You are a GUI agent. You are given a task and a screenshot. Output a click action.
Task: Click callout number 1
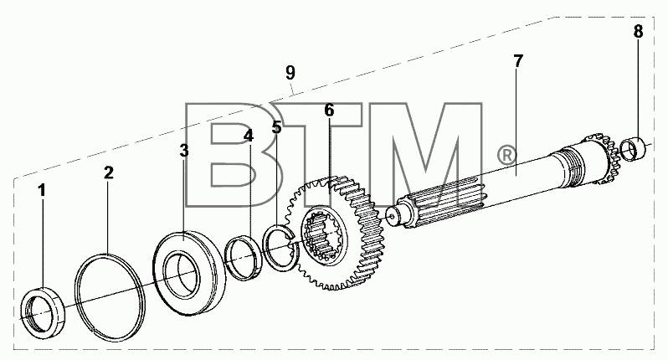(x=42, y=190)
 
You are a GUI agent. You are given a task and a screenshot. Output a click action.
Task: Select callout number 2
(x=109, y=173)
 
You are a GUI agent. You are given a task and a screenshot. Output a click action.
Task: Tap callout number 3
(x=183, y=151)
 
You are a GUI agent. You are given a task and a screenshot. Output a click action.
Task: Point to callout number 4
(x=249, y=136)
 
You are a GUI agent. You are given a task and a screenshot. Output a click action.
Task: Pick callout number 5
(x=277, y=126)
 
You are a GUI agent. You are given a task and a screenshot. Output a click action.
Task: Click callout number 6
(x=329, y=110)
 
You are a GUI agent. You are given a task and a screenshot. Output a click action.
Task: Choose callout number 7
(x=517, y=61)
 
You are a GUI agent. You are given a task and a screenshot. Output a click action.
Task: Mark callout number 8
(x=638, y=31)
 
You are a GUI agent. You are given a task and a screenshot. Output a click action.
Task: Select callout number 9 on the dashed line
(x=290, y=73)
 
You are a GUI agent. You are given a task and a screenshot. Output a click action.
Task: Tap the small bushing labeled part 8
(x=634, y=148)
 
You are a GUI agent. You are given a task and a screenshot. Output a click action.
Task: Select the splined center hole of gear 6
(x=325, y=235)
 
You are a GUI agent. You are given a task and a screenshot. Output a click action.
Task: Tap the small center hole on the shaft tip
(x=392, y=215)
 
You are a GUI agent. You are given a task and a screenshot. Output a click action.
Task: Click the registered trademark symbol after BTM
(x=506, y=155)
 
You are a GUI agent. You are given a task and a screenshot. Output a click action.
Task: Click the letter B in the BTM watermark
(x=232, y=156)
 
